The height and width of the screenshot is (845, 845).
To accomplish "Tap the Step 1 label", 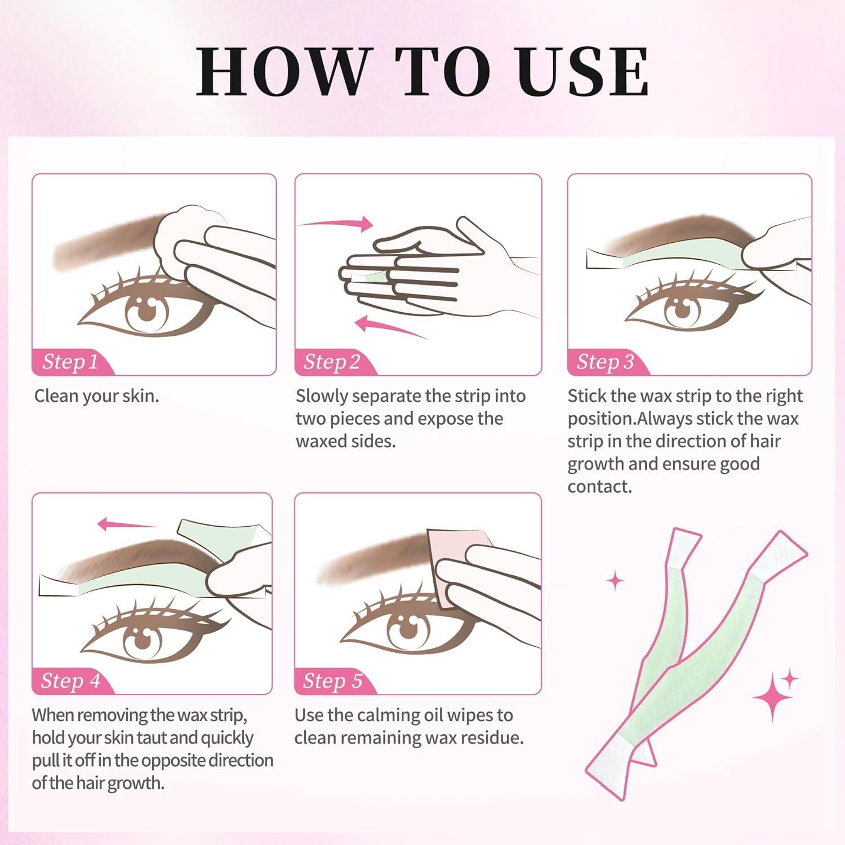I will click(70, 362).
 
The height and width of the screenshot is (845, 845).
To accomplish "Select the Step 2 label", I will click(332, 362).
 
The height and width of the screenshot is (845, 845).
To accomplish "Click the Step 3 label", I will click(605, 362).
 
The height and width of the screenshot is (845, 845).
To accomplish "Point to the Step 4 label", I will click(70, 681).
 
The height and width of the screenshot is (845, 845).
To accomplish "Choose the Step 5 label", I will click(332, 681).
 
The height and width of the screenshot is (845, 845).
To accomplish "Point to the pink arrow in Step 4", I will click(127, 525).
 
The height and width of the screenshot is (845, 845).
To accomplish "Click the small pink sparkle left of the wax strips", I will click(615, 580).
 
